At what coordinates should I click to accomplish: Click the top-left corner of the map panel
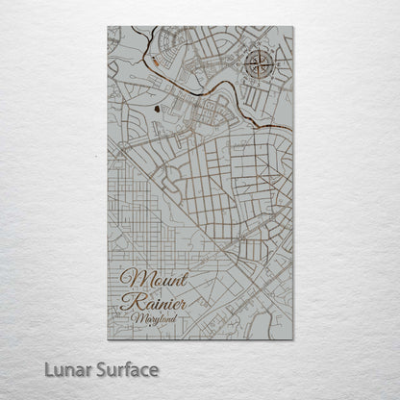109,27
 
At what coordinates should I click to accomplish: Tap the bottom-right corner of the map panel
293,338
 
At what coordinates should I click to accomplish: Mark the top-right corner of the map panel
293,27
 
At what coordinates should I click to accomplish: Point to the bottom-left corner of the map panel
109,338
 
